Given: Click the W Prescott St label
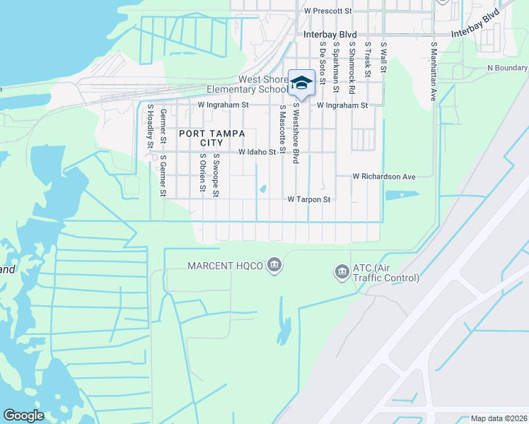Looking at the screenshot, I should [x=327, y=11].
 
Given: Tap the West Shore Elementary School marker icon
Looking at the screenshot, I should [x=302, y=83].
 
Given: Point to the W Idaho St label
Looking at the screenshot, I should [x=257, y=152].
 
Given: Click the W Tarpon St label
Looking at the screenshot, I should [x=309, y=200].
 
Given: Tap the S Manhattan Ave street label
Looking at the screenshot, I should [x=434, y=71].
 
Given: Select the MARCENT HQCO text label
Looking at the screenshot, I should [x=225, y=266].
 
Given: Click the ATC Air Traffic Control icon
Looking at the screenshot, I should [x=342, y=271].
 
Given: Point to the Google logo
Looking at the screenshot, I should [x=23, y=416].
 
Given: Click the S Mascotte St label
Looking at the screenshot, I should [x=282, y=129].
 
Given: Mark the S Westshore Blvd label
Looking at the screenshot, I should [x=296, y=135].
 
